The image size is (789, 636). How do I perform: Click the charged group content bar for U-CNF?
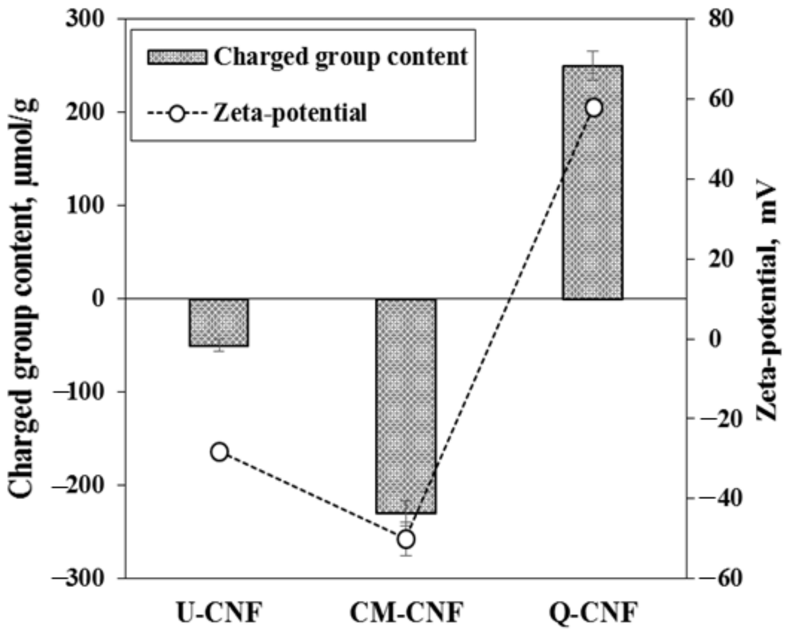219,322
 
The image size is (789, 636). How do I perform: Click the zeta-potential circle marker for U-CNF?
220,452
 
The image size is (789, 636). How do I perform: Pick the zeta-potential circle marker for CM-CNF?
406,539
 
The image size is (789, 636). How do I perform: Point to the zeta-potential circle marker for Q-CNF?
594,108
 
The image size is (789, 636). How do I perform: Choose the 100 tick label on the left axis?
85,206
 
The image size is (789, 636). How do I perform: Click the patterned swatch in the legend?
177,57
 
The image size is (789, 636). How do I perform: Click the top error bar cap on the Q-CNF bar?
593,51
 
